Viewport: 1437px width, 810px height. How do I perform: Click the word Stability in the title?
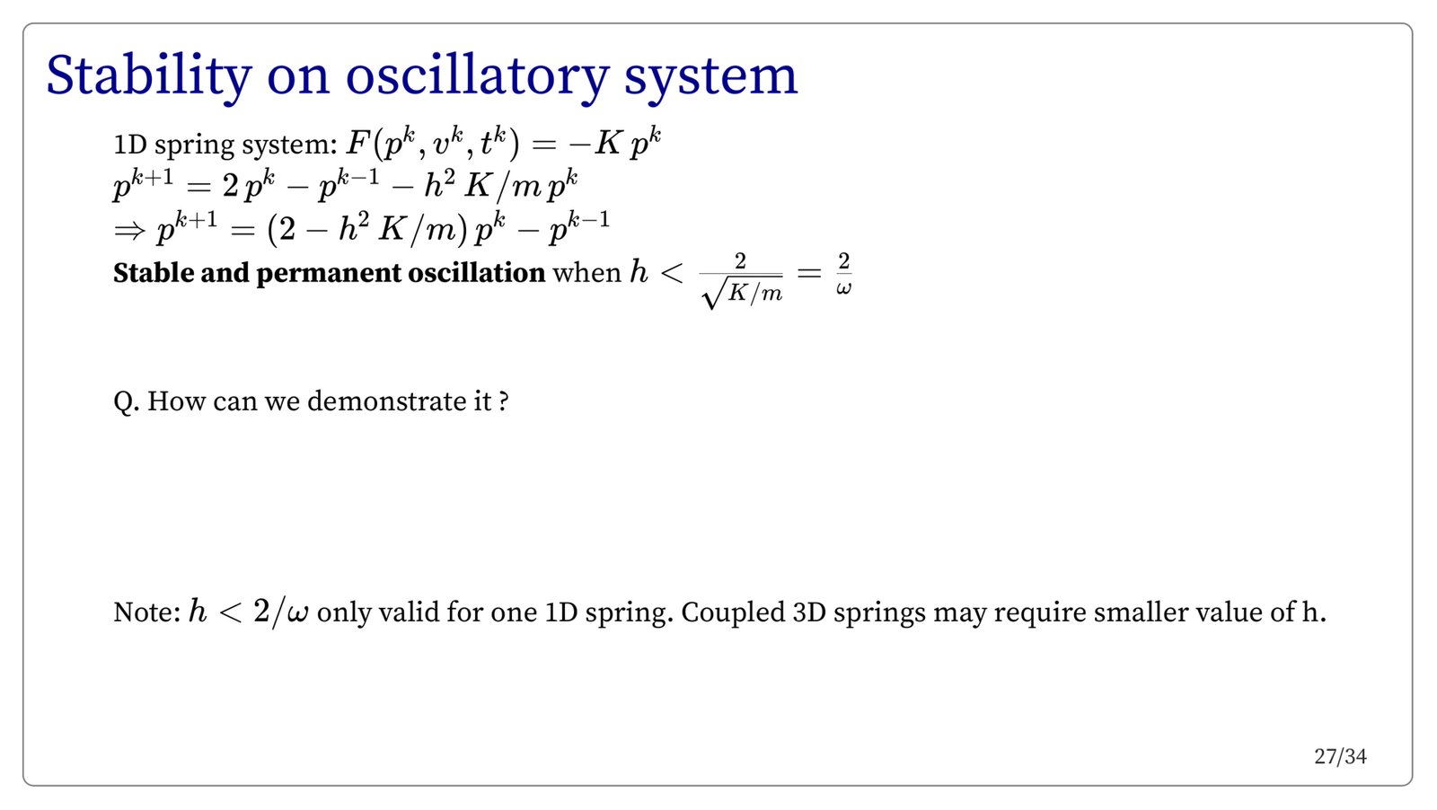click(149, 77)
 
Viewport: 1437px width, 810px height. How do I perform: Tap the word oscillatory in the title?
click(477, 77)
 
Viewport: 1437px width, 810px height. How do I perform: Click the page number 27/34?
click(1340, 757)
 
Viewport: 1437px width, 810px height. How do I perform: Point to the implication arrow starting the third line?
click(129, 231)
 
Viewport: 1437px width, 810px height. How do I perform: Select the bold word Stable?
click(154, 273)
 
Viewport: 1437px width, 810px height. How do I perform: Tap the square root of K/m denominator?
click(742, 294)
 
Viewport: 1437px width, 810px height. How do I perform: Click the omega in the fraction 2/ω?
click(843, 288)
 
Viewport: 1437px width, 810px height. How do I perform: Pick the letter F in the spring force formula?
click(356, 143)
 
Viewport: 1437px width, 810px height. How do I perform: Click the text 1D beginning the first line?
click(130, 145)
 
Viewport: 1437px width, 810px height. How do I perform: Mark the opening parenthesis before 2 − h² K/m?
click(271, 230)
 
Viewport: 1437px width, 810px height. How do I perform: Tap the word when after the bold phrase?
click(586, 273)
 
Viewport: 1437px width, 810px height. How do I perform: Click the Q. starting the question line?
click(127, 402)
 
